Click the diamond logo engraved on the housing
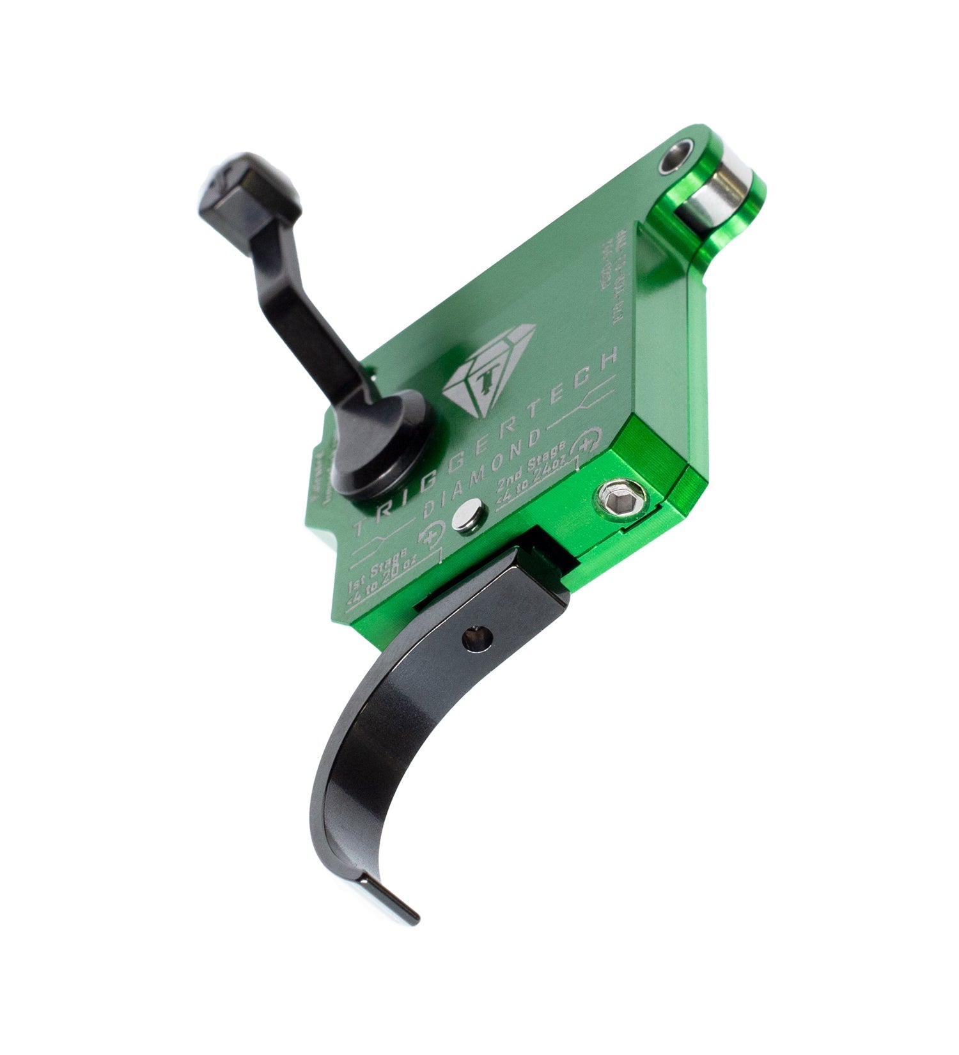point(488,371)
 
